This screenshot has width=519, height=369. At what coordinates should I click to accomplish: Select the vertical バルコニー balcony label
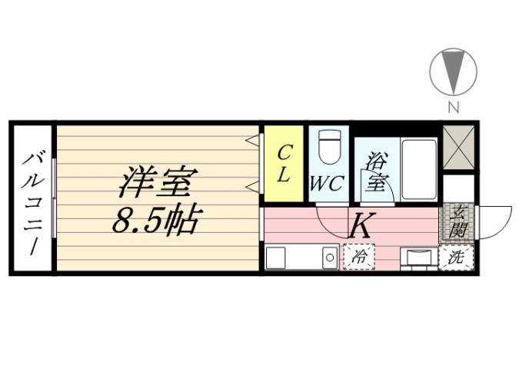tap(32, 199)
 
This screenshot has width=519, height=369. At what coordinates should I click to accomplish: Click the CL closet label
tap(284, 163)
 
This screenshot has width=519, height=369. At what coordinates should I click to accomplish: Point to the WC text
tap(326, 184)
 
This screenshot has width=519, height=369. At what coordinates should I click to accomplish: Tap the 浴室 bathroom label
tap(377, 172)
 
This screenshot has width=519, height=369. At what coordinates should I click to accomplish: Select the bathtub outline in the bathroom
tap(418, 169)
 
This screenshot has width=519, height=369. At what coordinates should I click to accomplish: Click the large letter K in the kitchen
tap(361, 226)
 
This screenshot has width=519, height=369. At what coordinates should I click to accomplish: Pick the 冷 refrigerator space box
tap(358, 258)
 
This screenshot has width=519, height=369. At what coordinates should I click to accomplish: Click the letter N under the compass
tap(454, 107)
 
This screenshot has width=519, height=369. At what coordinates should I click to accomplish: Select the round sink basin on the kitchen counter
tap(329, 258)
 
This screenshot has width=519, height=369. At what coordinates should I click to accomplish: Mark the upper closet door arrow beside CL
tap(251, 139)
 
